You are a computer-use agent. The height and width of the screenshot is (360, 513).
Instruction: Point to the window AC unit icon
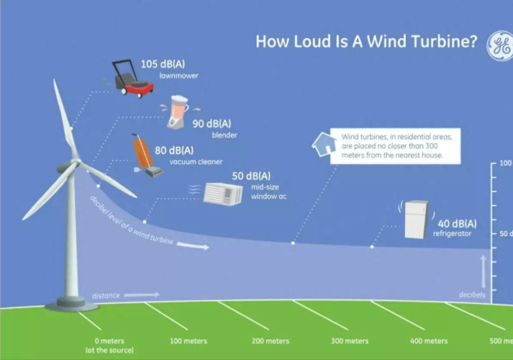click(223, 194)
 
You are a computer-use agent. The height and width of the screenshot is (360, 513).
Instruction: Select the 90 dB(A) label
click(212, 123)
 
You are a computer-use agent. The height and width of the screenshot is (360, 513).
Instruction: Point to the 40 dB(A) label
click(458, 223)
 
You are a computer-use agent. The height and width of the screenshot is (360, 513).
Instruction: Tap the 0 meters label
click(109, 341)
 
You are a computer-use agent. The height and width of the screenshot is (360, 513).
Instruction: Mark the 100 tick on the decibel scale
click(505, 164)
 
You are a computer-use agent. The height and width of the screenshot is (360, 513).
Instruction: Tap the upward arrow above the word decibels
click(484, 271)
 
